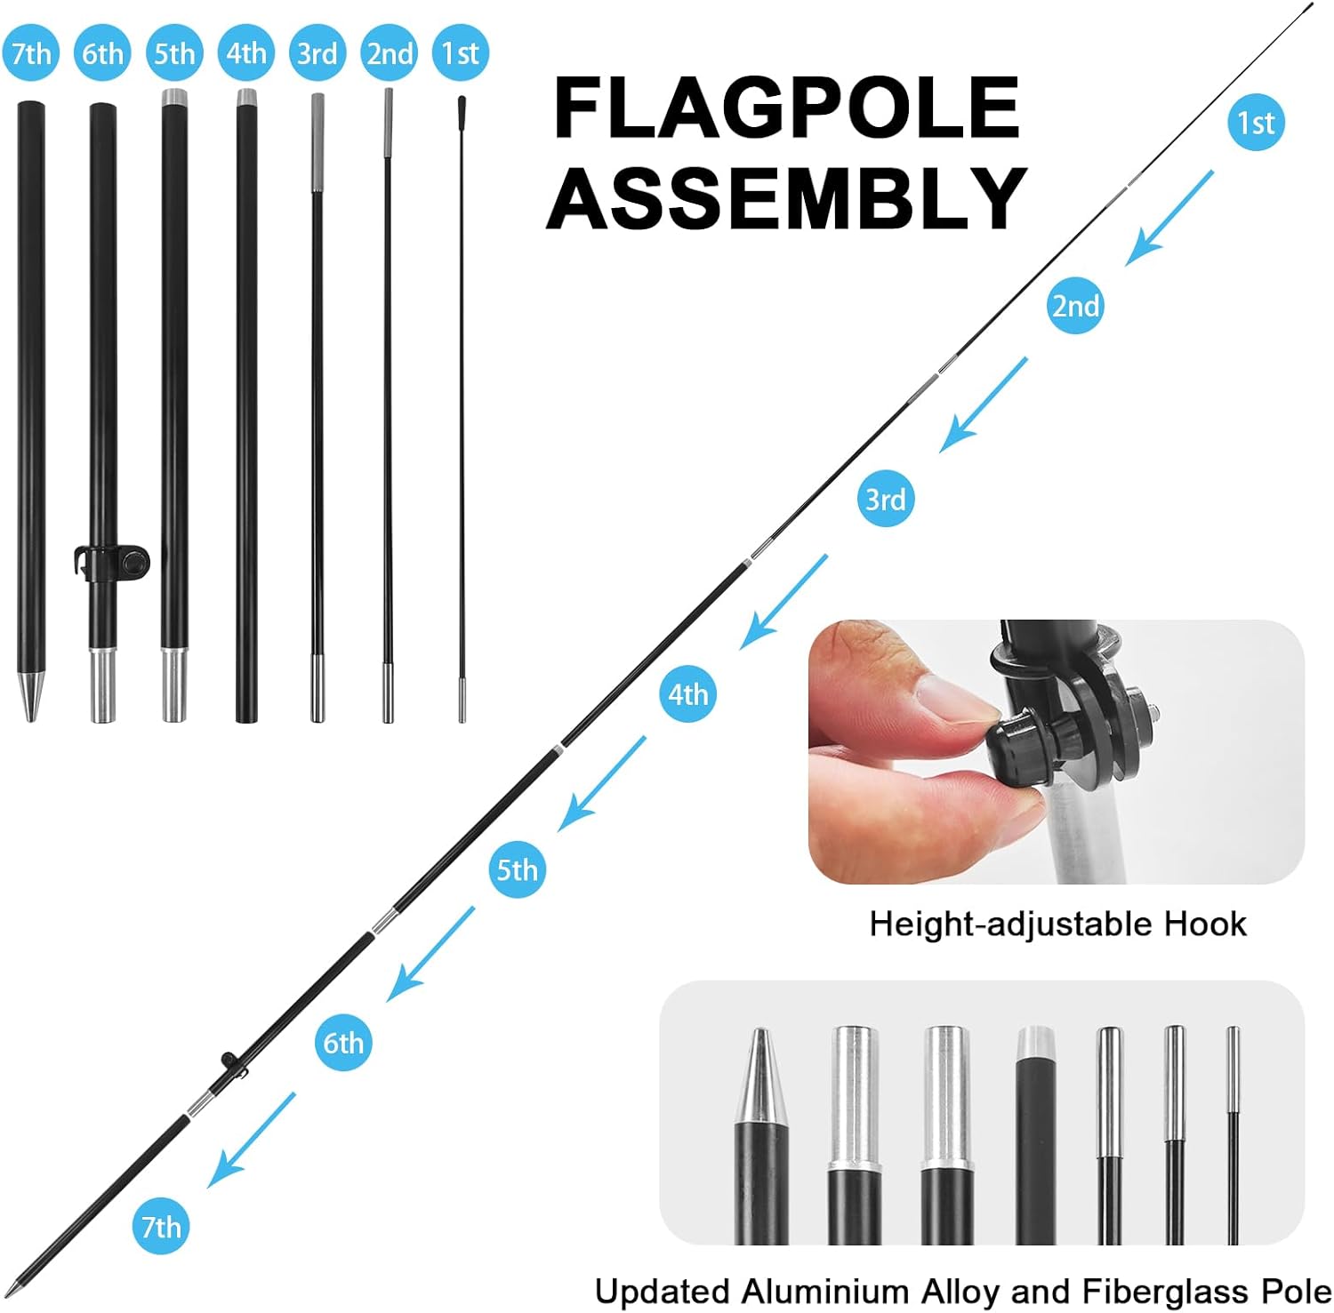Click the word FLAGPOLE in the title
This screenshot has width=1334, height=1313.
pyautogui.click(x=786, y=107)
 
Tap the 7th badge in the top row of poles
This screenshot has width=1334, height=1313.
pyautogui.click(x=31, y=53)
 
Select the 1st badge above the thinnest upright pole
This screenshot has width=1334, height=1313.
pyautogui.click(x=460, y=53)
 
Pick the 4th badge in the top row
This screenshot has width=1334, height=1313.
pyautogui.click(x=246, y=53)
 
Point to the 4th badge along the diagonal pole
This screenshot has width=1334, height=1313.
pyautogui.click(x=687, y=693)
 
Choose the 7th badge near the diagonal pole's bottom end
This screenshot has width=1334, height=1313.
pyautogui.click(x=161, y=1227)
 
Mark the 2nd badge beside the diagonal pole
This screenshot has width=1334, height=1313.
pyautogui.click(x=1075, y=306)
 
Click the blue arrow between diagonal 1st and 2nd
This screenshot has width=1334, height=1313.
pyautogui.click(x=1169, y=218)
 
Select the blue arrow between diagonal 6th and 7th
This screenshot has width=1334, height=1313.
pyautogui.click(x=251, y=1140)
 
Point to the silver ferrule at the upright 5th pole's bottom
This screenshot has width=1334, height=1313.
pyautogui.click(x=174, y=685)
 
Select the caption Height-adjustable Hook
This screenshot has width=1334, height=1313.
pyautogui.click(x=1057, y=925)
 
